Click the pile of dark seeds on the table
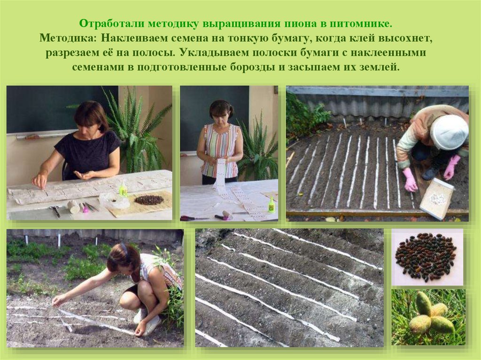[x=149, y=200]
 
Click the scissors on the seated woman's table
[x=55, y=211]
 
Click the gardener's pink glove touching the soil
[x=410, y=180]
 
